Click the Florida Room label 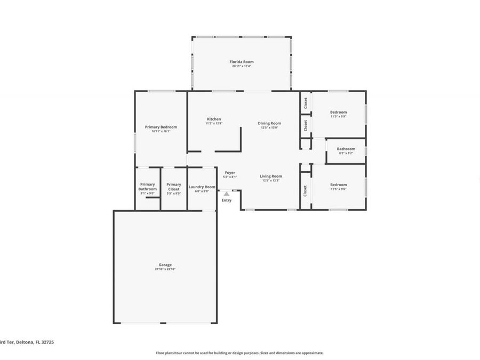(x=241, y=62)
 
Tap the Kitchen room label (x=213, y=119)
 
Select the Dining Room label (x=269, y=123)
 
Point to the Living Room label (x=271, y=176)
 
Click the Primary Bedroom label (x=161, y=127)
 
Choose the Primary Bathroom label (x=147, y=187)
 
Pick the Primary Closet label (x=174, y=187)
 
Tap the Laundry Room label (x=202, y=187)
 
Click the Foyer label (x=230, y=173)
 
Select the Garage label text (x=165, y=265)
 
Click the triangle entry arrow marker (x=227, y=194)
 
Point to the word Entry (x=227, y=200)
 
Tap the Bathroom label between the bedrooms (x=346, y=149)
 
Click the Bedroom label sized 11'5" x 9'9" (x=338, y=112)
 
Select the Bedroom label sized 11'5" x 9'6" (x=338, y=185)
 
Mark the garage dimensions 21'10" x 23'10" (x=165, y=269)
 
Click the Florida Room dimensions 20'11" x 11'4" (x=241, y=66)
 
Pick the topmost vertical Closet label (x=306, y=103)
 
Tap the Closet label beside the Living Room (x=306, y=190)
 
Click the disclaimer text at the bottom (x=239, y=353)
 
